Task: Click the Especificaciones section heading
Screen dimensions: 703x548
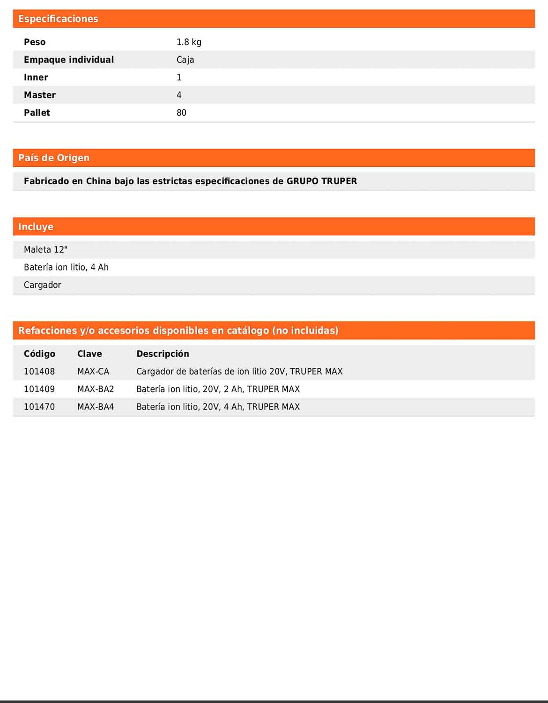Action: pos(58,19)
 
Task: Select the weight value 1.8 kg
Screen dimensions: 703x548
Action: pos(189,42)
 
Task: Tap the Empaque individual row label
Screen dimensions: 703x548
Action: pos(69,60)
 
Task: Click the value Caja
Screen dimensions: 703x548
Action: pos(185,60)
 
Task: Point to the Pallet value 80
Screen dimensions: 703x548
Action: pos(181,112)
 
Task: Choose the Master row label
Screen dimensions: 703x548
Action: pos(40,95)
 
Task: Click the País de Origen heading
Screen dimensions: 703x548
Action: pos(53,158)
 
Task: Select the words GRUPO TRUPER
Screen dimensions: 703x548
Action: pos(322,181)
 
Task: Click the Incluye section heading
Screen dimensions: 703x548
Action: pos(36,227)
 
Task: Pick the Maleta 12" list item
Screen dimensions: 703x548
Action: pos(45,250)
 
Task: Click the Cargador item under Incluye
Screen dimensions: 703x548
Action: pos(43,285)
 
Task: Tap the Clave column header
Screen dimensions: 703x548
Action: pos(89,354)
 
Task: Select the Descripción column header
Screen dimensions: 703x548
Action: pos(163,354)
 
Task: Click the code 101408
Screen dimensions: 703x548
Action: pos(39,372)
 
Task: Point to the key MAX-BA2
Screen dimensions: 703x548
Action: pos(96,389)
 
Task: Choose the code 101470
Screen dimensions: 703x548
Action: pos(39,407)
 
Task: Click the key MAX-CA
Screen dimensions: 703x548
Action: pos(93,372)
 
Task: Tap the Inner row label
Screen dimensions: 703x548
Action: pos(36,77)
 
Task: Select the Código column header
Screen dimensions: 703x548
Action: pos(39,354)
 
